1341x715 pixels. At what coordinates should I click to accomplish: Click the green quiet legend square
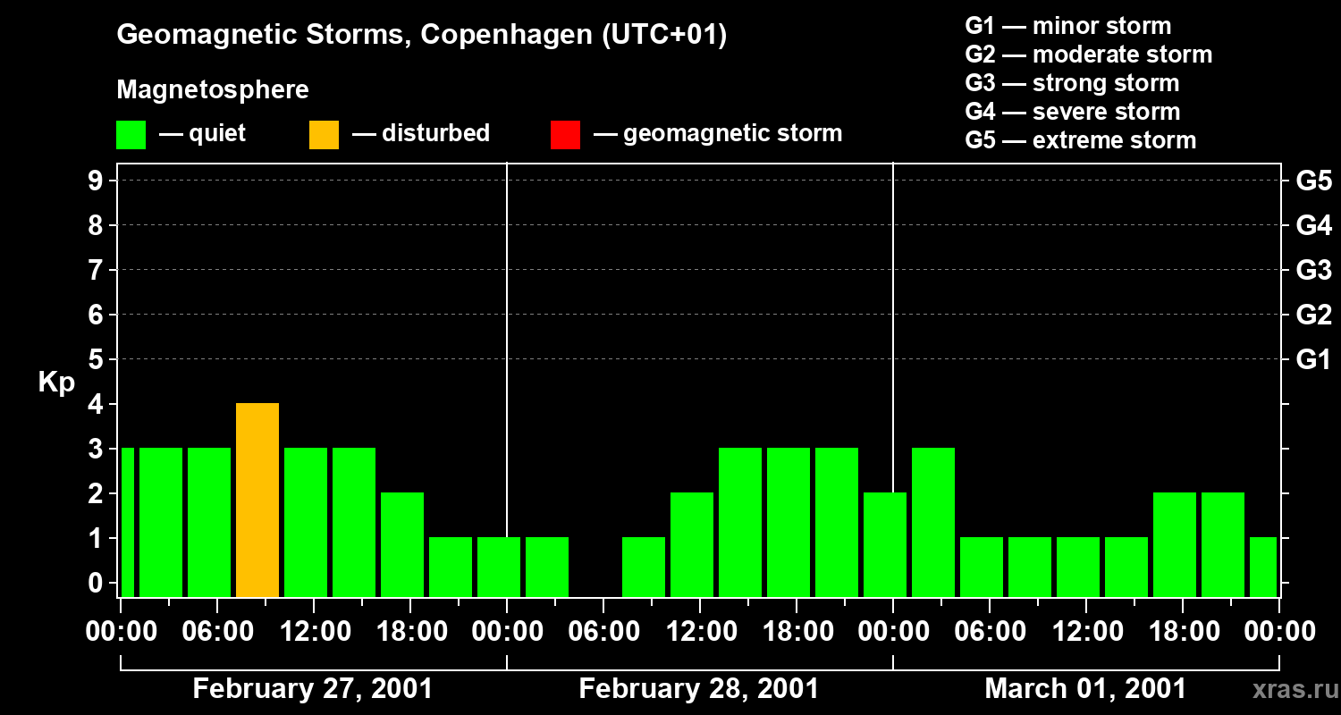[x=131, y=134]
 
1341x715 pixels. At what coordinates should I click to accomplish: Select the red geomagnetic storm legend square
[x=565, y=134]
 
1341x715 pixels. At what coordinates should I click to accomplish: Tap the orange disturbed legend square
[x=324, y=134]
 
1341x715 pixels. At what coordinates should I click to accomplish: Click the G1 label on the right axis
[x=1313, y=360]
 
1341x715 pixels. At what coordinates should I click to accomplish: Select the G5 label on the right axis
[x=1313, y=181]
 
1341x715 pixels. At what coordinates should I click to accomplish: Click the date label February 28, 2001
[x=698, y=689]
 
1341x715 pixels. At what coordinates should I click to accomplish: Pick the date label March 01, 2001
[x=1085, y=689]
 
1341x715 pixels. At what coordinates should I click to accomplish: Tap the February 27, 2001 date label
[x=312, y=689]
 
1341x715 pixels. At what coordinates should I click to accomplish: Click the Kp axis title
[x=56, y=383]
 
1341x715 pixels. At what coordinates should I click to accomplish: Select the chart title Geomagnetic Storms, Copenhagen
[x=421, y=35]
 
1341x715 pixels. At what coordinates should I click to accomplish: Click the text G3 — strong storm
[x=1072, y=83]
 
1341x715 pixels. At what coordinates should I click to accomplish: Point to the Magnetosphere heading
[x=213, y=90]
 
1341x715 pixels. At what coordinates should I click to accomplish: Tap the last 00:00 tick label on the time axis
[x=1279, y=632]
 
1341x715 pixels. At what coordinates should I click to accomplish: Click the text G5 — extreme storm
[x=1080, y=140]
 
